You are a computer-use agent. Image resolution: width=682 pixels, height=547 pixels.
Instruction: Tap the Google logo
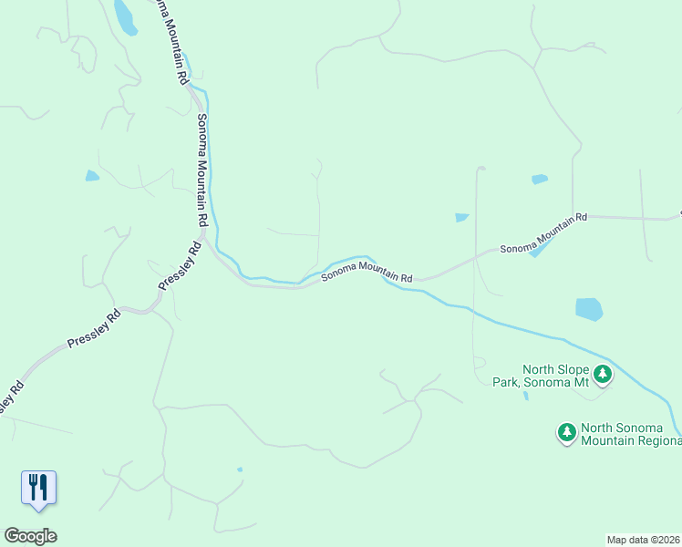click(30, 536)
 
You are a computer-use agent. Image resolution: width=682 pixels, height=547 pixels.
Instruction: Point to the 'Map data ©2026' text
click(644, 539)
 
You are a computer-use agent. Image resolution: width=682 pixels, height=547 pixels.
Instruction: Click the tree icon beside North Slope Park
click(602, 373)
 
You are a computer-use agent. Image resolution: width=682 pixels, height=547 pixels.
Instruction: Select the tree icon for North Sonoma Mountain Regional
click(567, 431)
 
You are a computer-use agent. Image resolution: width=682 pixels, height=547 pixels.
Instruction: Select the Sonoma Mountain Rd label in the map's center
click(367, 271)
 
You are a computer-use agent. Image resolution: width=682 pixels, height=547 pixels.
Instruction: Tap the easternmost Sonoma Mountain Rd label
click(542, 234)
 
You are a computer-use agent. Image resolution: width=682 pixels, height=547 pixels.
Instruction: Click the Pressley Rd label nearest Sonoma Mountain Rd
click(180, 266)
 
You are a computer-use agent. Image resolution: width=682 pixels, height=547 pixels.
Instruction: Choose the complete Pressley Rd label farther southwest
click(94, 331)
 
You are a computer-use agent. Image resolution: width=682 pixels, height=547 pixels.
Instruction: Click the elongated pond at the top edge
click(125, 16)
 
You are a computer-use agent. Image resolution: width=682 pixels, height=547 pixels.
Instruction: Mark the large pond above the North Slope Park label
click(589, 309)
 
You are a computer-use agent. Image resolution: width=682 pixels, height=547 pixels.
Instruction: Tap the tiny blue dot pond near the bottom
click(240, 470)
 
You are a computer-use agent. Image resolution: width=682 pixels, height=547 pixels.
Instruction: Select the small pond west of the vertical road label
click(92, 176)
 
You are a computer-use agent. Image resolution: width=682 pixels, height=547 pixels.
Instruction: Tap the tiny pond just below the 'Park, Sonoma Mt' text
click(526, 396)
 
